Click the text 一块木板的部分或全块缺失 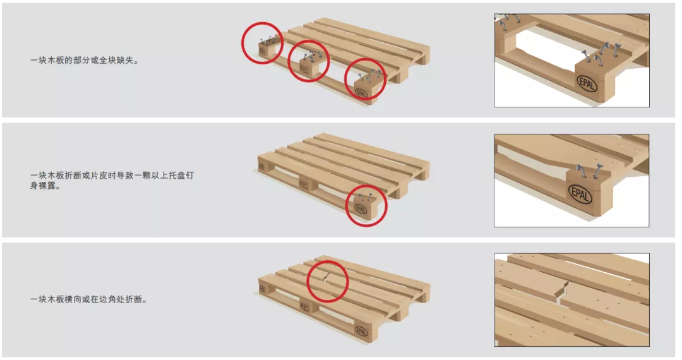click(x=85, y=61)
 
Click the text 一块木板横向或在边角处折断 click(x=88, y=299)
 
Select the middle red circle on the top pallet click(x=309, y=61)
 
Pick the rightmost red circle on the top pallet click(x=366, y=80)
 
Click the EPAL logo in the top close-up click(x=587, y=83)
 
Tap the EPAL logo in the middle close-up click(x=580, y=194)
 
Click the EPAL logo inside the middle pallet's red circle click(x=361, y=209)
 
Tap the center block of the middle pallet click(x=308, y=184)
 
